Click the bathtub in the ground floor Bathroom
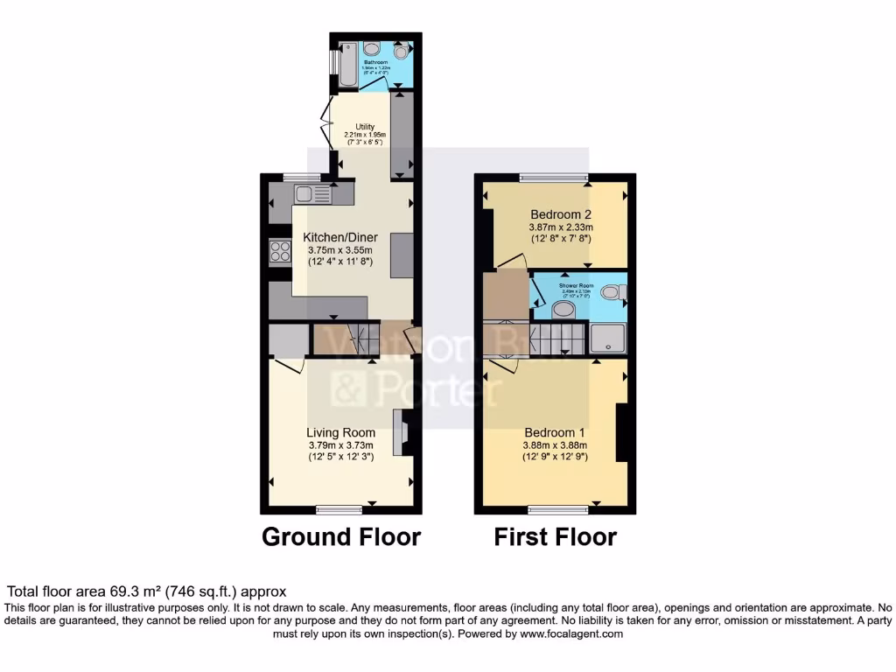click(346, 62)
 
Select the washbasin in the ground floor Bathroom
click(370, 48)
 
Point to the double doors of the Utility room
click(325, 123)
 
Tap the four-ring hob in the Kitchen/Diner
click(279, 252)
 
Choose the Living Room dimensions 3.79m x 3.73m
click(340, 444)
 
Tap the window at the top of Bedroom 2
click(553, 178)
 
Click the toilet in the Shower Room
click(619, 291)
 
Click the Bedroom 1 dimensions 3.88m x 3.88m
click(555, 444)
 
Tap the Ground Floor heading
click(341, 536)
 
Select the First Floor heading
click(555, 536)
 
